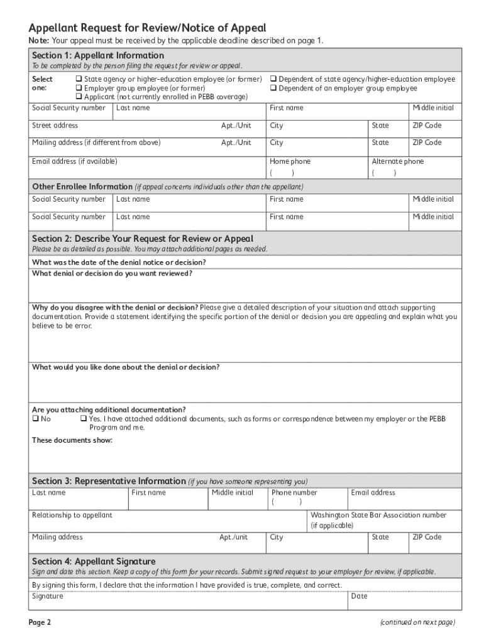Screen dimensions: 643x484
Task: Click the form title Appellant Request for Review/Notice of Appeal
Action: coord(148,28)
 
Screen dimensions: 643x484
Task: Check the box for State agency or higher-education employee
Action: coord(79,79)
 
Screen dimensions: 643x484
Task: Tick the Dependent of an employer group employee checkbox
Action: coord(273,88)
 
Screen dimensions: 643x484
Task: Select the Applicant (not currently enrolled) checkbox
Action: coord(79,97)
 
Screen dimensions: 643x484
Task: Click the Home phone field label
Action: coord(290,161)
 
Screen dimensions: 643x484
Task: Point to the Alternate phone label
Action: coord(397,161)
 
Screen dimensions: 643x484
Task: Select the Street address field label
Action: coord(55,126)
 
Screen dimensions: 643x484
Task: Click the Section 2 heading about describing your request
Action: coord(143,239)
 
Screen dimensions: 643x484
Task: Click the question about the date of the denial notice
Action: coord(119,262)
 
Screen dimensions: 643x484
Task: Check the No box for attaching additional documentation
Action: coord(36,419)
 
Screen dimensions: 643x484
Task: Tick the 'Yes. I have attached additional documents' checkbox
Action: coord(83,419)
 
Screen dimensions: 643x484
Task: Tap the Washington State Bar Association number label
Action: coord(378,516)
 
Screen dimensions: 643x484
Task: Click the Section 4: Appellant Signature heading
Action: coord(94,561)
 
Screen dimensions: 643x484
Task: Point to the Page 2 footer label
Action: coord(40,622)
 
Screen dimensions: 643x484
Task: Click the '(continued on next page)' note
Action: coord(416,622)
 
